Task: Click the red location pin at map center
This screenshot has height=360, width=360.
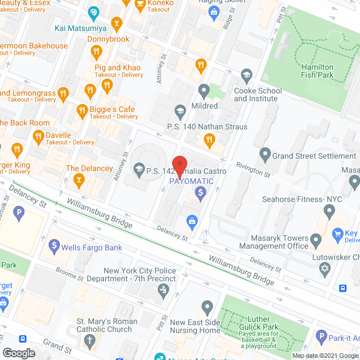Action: (x=179, y=166)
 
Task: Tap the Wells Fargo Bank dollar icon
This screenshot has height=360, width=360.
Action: (x=54, y=245)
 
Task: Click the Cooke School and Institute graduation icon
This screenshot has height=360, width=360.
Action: (x=246, y=75)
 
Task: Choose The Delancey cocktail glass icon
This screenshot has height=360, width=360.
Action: (x=80, y=180)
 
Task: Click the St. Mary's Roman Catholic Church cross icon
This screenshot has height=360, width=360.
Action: (x=89, y=340)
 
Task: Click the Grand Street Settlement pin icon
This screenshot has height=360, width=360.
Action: (x=264, y=153)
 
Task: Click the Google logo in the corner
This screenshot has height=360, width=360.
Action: (x=19, y=353)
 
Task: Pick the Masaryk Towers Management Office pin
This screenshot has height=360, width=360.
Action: (x=316, y=241)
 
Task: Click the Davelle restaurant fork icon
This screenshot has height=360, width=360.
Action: (x=38, y=135)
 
